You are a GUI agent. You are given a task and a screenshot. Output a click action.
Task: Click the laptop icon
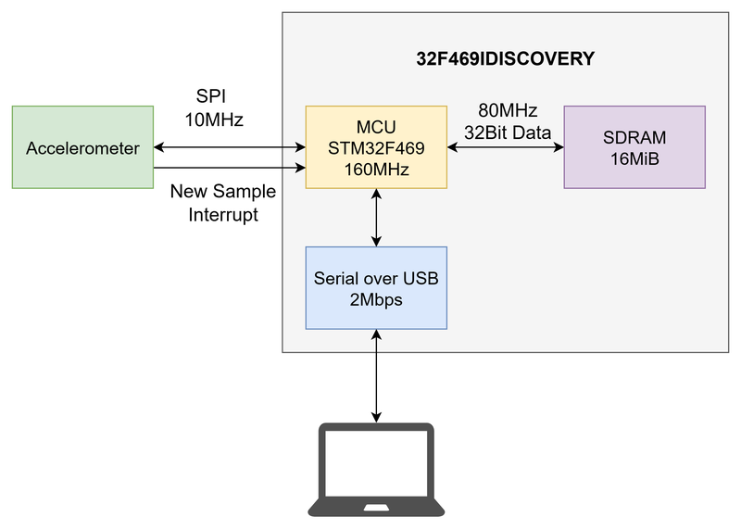click(376, 468)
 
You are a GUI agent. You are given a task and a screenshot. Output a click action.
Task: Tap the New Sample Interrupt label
click(223, 203)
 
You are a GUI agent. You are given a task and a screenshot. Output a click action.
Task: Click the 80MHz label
click(508, 109)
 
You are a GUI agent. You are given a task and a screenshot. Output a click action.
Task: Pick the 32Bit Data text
click(508, 132)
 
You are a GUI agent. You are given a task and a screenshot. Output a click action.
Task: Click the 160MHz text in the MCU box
click(376, 170)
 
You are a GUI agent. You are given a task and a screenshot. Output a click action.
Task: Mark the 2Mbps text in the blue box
click(376, 299)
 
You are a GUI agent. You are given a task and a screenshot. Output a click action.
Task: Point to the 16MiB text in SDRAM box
click(634, 158)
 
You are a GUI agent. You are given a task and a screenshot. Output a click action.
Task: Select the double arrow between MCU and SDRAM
click(506, 147)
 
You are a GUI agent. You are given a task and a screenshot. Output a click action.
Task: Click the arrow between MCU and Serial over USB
click(376, 218)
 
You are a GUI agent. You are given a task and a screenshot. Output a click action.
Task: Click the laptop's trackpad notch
click(376, 507)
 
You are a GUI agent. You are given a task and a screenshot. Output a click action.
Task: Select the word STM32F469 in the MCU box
click(376, 147)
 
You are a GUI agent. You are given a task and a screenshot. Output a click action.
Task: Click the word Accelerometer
click(82, 148)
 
